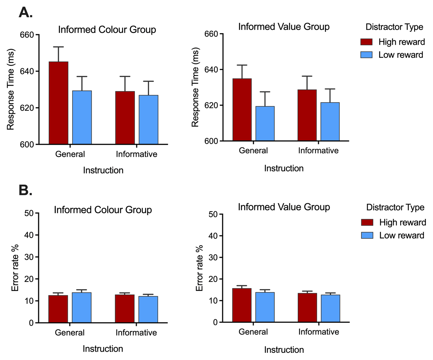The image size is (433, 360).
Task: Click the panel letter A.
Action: (26, 13)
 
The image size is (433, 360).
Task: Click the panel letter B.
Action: (26, 190)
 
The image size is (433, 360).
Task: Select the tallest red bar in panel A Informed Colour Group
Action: (58, 103)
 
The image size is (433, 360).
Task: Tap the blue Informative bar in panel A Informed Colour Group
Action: (148, 120)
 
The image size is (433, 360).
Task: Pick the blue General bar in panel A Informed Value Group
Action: (265, 123)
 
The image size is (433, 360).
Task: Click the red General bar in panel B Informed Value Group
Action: (242, 305)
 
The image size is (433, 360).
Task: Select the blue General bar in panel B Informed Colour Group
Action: (82, 307)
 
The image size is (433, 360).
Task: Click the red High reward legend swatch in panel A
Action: (366, 42)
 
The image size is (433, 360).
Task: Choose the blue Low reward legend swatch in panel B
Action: (366, 235)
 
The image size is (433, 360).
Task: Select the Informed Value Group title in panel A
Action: (284, 27)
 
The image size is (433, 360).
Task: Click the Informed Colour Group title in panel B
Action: (102, 210)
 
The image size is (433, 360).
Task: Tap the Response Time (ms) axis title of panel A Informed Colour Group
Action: (11, 90)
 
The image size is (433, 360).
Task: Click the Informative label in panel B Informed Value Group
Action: (318, 332)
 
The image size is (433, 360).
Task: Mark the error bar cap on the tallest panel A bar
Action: (58, 47)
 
